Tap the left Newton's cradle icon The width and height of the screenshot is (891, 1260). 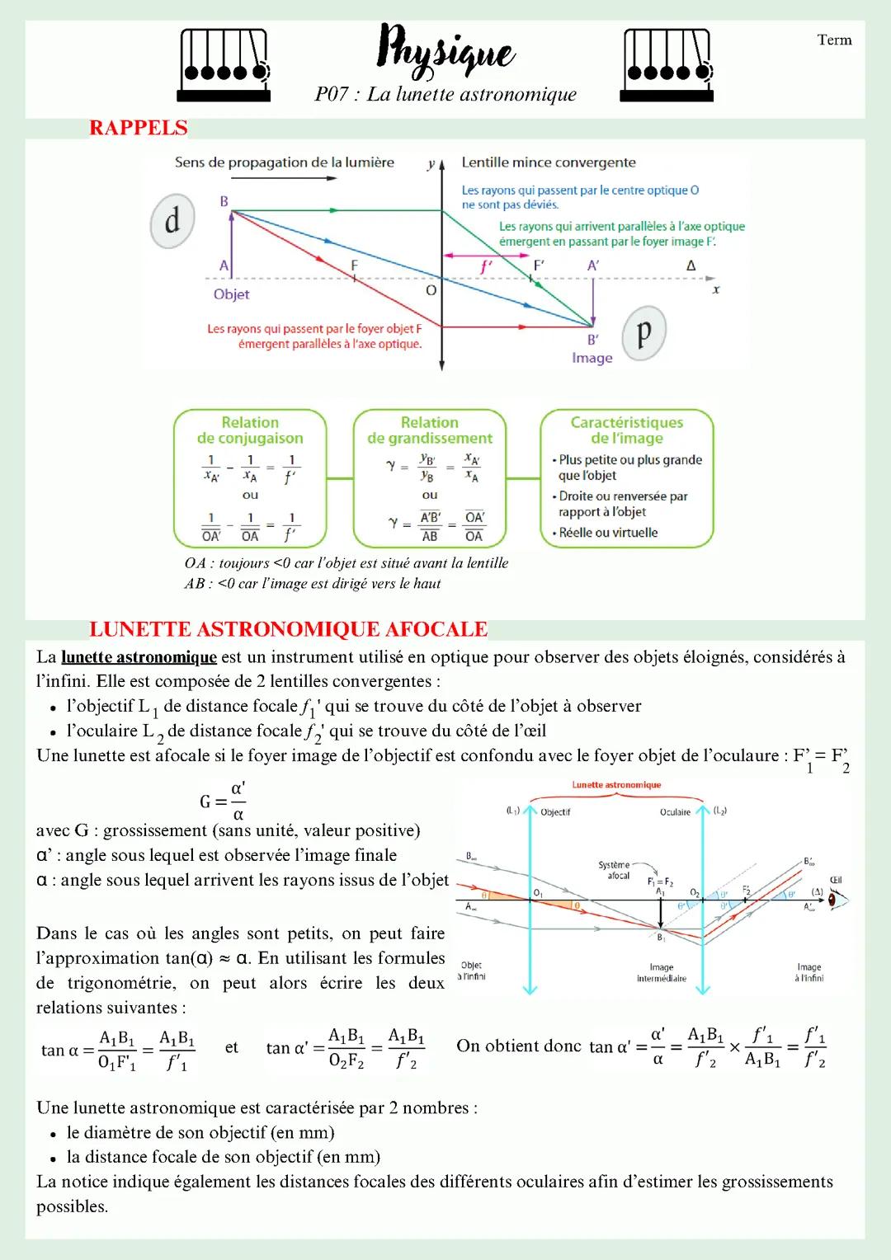224,65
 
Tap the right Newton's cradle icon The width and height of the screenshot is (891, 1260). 667,65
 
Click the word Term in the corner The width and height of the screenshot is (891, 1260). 834,40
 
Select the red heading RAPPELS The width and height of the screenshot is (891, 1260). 139,128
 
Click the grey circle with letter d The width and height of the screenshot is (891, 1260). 172,221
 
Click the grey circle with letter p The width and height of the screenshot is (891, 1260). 643,332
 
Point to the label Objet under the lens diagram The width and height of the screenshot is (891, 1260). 231,294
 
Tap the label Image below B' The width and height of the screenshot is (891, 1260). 592,358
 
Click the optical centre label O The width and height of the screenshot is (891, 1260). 431,291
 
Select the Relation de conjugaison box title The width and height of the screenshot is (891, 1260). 250,430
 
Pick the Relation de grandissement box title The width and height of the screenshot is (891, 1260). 429,430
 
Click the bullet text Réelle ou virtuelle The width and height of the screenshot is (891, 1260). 608,533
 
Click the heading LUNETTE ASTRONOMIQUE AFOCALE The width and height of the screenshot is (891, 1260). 289,629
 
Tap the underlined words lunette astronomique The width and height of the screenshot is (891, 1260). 139,657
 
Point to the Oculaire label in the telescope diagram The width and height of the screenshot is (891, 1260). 675,812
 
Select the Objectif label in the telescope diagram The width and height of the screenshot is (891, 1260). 555,812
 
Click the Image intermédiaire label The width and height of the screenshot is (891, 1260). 661,973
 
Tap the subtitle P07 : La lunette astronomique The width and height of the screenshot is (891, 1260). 445,94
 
